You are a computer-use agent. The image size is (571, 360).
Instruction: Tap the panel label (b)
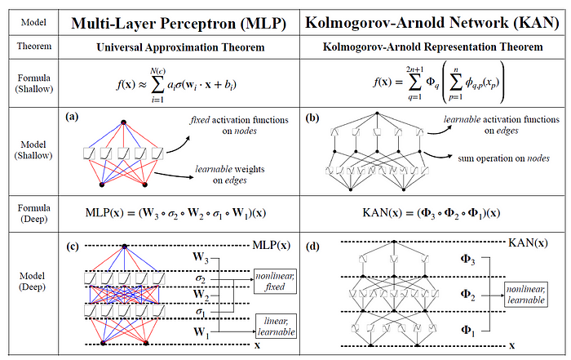point(311,117)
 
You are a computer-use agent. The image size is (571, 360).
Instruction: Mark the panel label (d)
point(311,243)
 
